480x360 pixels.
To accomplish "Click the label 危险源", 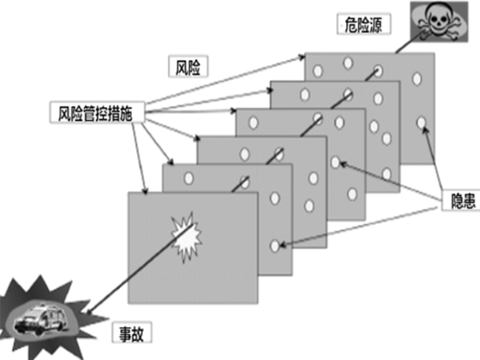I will (364, 25).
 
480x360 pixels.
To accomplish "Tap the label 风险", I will (188, 66).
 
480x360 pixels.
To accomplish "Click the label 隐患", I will (458, 201).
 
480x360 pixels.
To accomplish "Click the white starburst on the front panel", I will (186, 237).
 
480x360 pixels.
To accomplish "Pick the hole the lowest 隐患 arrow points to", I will (275, 246).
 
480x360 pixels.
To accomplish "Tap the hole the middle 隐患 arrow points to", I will (335, 162).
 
